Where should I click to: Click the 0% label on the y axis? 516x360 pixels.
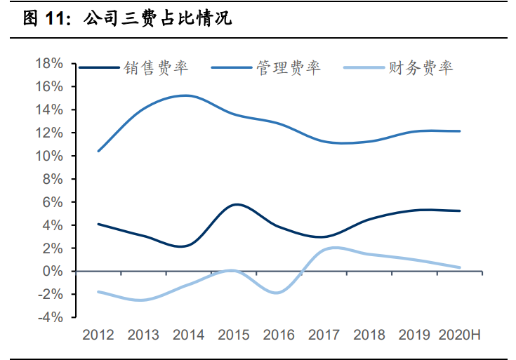(53, 272)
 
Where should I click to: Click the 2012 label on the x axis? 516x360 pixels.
(98, 335)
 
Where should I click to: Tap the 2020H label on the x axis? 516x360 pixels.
(460, 335)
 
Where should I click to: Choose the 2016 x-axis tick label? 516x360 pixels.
(279, 335)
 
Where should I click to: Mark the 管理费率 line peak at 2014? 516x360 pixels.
(185, 95)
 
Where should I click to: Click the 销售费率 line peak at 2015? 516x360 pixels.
(237, 204)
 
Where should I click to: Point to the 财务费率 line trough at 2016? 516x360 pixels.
(277, 293)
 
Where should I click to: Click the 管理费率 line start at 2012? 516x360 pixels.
(98, 151)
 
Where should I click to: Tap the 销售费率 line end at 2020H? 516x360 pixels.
(460, 211)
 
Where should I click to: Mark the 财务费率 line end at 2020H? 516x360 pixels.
(460, 267)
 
